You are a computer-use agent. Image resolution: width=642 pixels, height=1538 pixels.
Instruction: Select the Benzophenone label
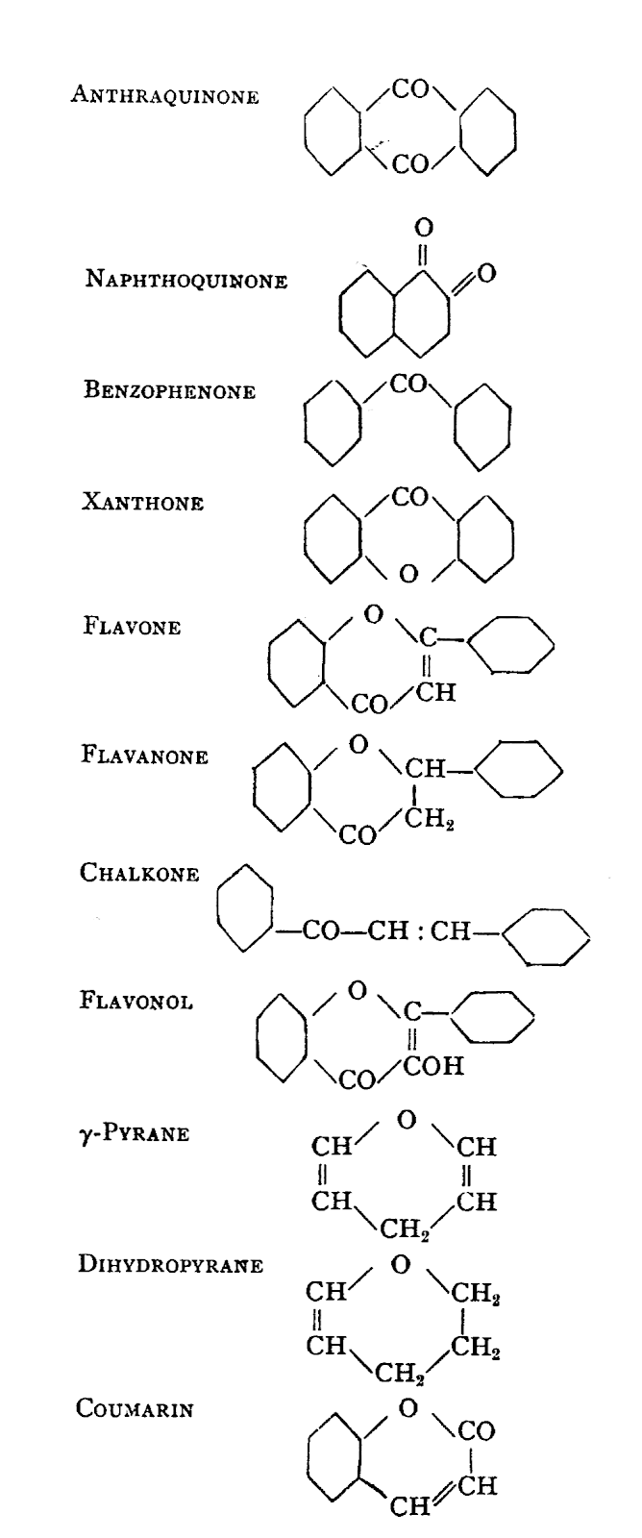click(x=171, y=392)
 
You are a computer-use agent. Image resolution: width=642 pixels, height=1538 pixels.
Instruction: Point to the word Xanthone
click(x=143, y=503)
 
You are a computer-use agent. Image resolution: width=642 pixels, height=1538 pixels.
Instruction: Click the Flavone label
click(x=133, y=628)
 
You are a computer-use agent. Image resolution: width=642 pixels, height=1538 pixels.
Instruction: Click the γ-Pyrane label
click(x=135, y=1132)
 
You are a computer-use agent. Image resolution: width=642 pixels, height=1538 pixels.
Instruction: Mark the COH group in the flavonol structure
click(x=438, y=1066)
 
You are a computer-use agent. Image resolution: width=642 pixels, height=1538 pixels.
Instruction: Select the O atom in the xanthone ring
click(x=408, y=574)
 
